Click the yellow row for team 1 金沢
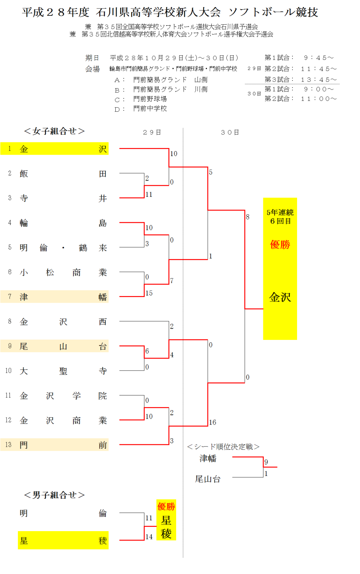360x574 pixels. tap(54, 149)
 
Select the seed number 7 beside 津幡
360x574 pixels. tap(10, 297)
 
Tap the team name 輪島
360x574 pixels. tap(63, 223)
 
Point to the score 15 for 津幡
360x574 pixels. tap(149, 293)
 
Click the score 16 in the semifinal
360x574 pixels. tap(213, 422)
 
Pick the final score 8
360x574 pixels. tap(248, 217)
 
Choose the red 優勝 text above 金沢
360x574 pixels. tap(280, 244)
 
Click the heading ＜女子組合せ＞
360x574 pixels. tap(54, 131)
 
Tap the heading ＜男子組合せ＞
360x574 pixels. tap(54, 495)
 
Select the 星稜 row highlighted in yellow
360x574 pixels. tap(63, 540)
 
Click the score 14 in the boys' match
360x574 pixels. tap(149, 537)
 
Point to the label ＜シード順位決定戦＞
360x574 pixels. tap(223, 447)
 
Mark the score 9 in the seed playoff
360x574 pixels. tap(266, 462)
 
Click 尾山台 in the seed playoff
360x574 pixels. tap(208, 479)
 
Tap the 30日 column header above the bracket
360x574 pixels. tap(230, 133)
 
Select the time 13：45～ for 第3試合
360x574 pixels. tap(319, 79)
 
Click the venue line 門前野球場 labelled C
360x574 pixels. tap(150, 99)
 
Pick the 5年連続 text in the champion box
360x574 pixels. tap(280, 212)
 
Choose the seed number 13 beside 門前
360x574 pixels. tap(8, 445)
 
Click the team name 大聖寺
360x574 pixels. tap(63, 371)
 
